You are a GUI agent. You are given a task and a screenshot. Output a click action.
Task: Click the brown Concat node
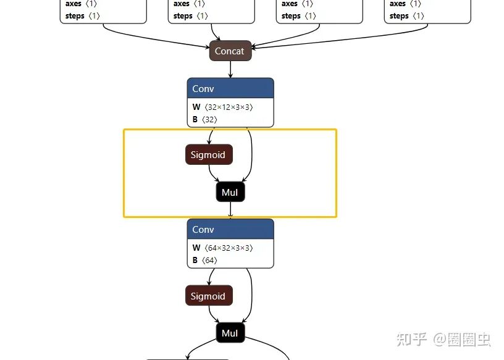pos(230,51)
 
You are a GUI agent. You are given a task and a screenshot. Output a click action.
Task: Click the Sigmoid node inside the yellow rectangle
pos(208,155)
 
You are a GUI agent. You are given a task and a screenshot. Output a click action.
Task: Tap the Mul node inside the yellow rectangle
pos(230,193)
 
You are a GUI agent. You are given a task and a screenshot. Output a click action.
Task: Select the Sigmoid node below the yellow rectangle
pos(208,296)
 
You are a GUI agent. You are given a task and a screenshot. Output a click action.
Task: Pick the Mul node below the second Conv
pos(230,333)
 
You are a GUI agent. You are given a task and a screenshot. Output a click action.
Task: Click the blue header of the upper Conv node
pos(230,88)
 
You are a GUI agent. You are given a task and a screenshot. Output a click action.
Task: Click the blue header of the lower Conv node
pos(230,229)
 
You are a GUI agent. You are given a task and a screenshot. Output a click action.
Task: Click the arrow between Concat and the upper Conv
pos(230,69)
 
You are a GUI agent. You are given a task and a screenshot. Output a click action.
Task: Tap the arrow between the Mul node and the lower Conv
pos(230,211)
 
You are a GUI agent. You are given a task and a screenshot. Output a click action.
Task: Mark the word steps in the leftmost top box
pos(75,15)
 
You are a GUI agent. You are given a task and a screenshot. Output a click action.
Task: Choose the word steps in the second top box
pos(183,15)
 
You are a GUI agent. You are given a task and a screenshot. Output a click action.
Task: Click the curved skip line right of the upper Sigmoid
pos(251,154)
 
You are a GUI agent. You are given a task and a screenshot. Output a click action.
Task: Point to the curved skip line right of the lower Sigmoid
pos(251,295)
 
